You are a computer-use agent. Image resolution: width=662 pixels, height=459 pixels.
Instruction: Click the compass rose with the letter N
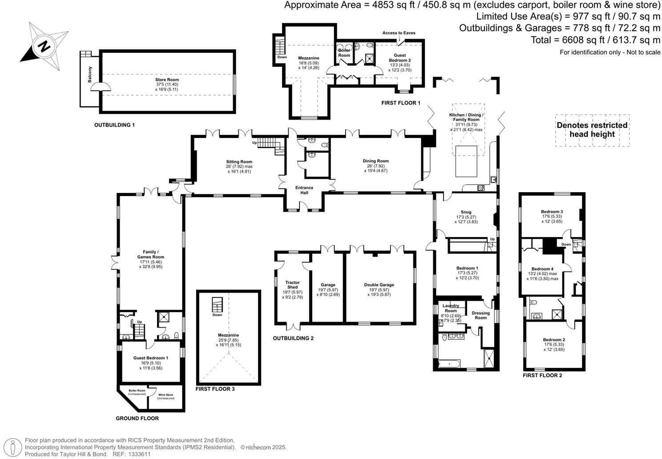click(x=44, y=46)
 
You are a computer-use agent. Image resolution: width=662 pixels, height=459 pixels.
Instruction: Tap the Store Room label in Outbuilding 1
click(x=167, y=80)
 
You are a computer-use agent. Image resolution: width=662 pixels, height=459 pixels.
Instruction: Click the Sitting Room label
click(x=239, y=162)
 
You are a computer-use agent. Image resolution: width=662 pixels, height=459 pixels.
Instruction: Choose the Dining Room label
click(x=375, y=161)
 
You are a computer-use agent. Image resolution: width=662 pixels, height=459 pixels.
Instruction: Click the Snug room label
click(x=466, y=212)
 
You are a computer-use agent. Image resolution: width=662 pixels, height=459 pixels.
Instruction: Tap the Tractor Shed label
click(x=292, y=285)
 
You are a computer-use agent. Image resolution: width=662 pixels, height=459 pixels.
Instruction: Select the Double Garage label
click(x=379, y=285)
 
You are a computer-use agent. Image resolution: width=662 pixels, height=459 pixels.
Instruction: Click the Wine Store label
click(x=166, y=395)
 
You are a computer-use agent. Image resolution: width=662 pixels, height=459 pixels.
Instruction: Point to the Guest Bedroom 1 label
click(x=151, y=358)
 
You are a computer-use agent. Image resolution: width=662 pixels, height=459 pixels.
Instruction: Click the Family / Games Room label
click(x=150, y=254)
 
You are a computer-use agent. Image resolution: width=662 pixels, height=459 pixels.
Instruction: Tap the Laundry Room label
click(x=450, y=308)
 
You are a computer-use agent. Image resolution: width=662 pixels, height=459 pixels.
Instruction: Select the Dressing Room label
click(x=480, y=315)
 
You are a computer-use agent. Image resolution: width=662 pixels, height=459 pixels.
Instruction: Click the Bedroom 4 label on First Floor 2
click(x=542, y=269)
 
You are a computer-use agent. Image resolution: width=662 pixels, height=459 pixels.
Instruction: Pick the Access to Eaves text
click(x=398, y=33)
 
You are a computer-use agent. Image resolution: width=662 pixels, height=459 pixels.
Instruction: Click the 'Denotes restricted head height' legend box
click(x=592, y=129)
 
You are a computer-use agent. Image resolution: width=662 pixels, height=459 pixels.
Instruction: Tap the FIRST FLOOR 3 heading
click(x=215, y=389)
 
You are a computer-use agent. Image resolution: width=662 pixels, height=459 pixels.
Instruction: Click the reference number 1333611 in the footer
click(x=139, y=454)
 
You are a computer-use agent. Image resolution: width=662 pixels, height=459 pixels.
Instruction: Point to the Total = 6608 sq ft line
click(x=595, y=40)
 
